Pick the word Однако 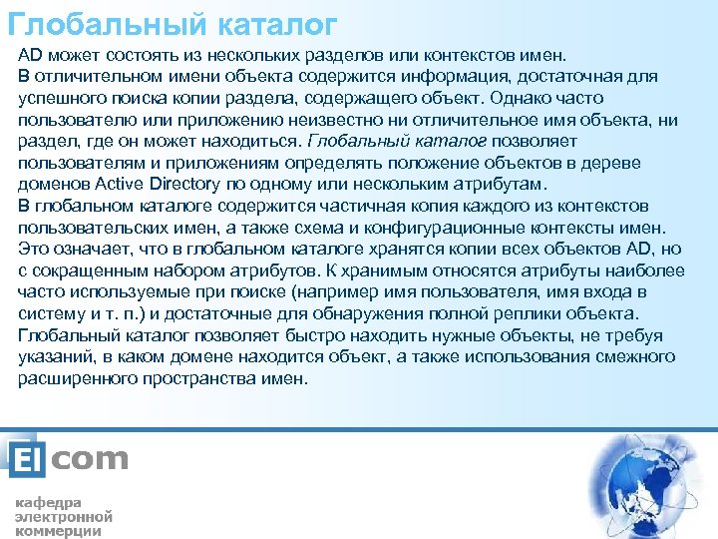click(x=525, y=99)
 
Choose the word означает click(x=88, y=250)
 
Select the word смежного click(x=632, y=357)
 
